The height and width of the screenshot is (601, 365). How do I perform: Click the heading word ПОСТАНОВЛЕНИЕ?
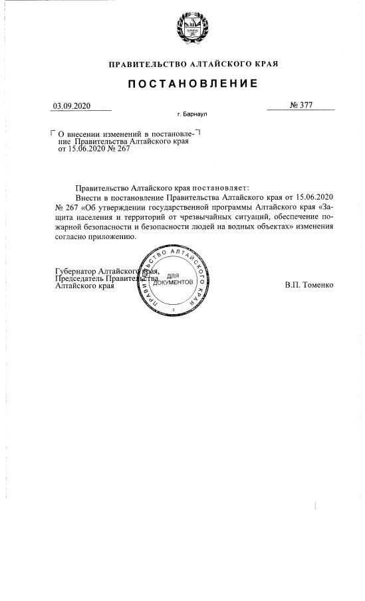coord(183,84)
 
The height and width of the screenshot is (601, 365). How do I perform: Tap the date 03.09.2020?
coord(70,106)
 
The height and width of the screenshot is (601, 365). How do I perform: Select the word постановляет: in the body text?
coord(217,188)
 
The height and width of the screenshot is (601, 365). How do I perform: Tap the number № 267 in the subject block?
coord(120,149)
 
